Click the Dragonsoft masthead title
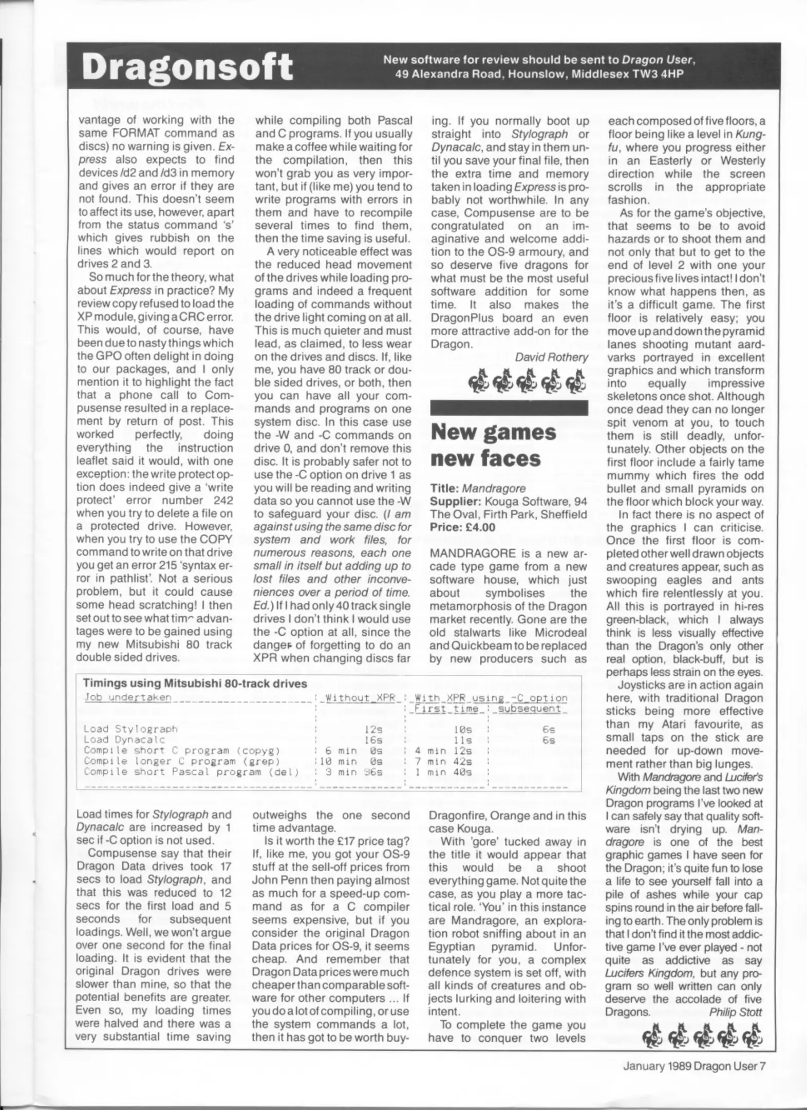pyautogui.click(x=188, y=67)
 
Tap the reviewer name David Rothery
pyautogui.click(x=551, y=357)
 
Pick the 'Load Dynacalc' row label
pyautogui.click(x=124, y=739)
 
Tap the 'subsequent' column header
pyautogui.click(x=529, y=709)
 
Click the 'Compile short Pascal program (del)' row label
pyautogui.click(x=191, y=772)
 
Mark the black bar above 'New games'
pyautogui.click(x=509, y=408)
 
